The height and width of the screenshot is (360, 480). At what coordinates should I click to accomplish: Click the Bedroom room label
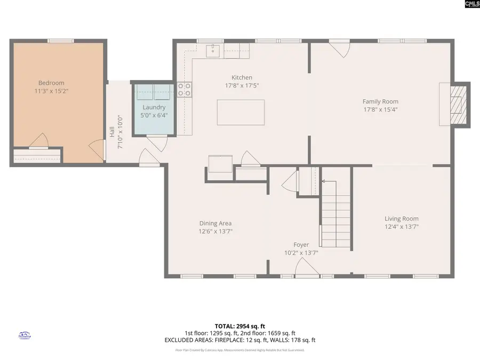tap(51, 83)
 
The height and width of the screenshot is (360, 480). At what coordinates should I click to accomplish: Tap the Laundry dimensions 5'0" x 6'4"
tap(154, 115)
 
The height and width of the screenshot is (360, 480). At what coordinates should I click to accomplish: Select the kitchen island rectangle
tap(241, 112)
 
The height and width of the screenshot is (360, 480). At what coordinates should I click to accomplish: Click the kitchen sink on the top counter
tap(214, 51)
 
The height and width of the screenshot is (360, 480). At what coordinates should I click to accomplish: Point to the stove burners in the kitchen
tap(185, 89)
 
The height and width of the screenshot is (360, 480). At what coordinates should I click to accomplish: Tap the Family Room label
tap(380, 101)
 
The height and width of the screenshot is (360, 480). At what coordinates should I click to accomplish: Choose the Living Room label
tap(402, 218)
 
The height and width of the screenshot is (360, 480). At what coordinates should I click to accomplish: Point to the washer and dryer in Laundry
tap(154, 92)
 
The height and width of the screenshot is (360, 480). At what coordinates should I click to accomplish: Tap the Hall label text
tap(112, 132)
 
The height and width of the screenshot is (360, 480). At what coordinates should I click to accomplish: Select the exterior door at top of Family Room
tap(338, 48)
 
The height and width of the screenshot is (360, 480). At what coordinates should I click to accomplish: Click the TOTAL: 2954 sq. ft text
tap(240, 325)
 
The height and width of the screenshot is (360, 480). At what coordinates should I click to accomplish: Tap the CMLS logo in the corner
tap(471, 4)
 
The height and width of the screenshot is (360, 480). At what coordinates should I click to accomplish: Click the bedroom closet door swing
tap(39, 141)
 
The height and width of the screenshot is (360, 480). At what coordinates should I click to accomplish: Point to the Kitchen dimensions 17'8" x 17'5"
tap(242, 85)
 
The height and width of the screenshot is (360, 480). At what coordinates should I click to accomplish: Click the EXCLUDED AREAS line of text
tap(240, 340)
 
